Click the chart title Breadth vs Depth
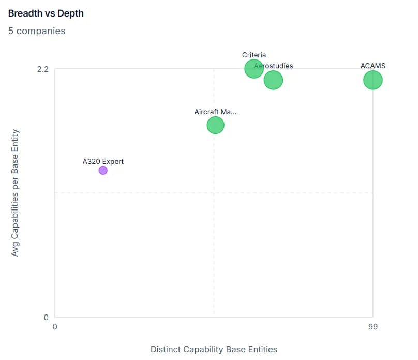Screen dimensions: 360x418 pos(46,13)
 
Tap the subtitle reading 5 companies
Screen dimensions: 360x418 pos(37,31)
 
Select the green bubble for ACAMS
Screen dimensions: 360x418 pos(372,80)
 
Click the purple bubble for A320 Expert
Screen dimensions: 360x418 pos(103,170)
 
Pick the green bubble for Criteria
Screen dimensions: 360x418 pos(253,68)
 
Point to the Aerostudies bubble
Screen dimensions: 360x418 pos(273,80)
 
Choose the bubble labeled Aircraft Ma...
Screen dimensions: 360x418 pos(215,125)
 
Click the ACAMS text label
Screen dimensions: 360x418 pos(372,66)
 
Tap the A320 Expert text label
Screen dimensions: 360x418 pos(103,161)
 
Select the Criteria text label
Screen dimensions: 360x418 pos(253,55)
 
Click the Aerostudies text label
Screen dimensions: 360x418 pos(274,66)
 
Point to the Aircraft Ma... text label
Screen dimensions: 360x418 pos(215,112)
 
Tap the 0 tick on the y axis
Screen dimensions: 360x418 pos(46,317)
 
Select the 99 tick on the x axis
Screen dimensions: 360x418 pos(372,327)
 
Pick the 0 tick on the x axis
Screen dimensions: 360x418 pos(55,327)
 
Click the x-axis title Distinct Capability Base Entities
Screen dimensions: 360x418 pos(214,349)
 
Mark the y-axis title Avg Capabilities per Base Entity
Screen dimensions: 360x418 pos(15,192)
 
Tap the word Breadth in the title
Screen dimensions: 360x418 pos(25,13)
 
